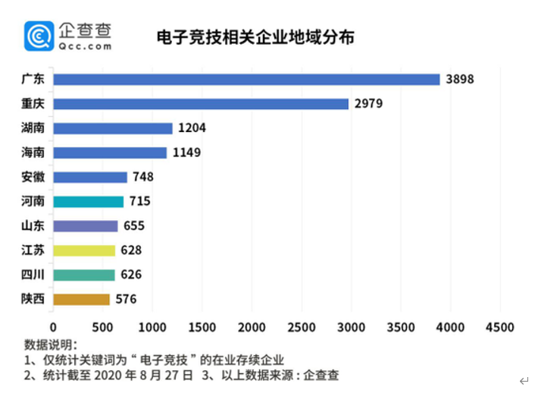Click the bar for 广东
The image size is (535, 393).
pos(246,80)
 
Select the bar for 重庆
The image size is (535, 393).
pos(201,104)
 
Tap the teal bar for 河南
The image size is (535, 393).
pos(88,202)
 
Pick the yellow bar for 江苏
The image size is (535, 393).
pos(84,250)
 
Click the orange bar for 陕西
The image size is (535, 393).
pos(81,300)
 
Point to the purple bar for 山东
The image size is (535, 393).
pos(86,226)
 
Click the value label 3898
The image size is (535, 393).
pos(459,80)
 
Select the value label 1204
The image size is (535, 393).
pos(192,128)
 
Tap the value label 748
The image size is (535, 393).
pos(142,177)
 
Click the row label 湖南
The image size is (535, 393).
pos(33,128)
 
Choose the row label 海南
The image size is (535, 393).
pos(33,152)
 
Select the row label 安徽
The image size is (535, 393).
pos(33,177)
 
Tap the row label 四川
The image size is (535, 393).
pos(33,275)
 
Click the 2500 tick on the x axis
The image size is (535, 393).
pos(301,327)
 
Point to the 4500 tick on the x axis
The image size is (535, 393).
pos(499,327)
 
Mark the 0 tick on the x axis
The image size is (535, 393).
pos(53,327)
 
